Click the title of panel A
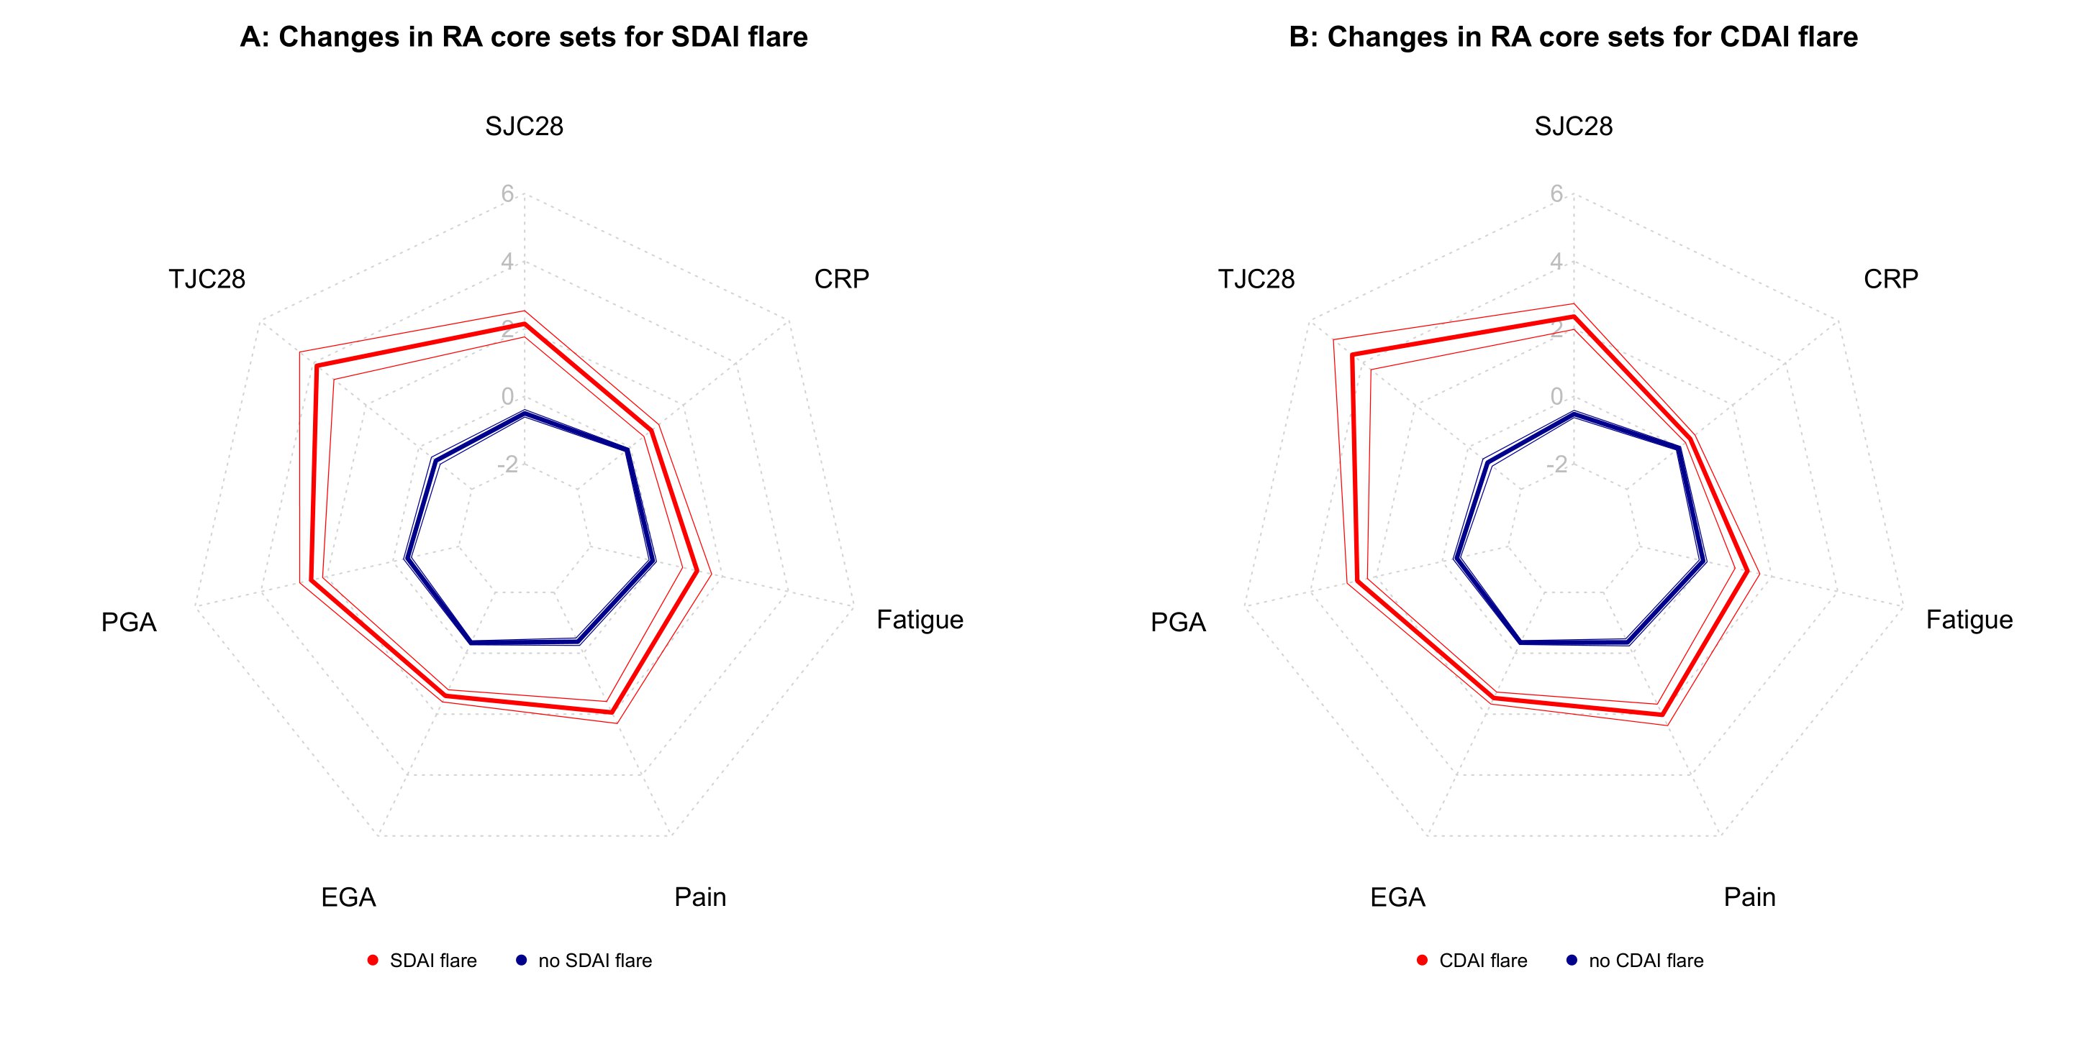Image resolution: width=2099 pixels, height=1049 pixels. point(523,37)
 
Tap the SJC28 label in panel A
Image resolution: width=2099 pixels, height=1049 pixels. point(524,127)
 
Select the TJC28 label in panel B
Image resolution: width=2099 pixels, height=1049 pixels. point(1256,280)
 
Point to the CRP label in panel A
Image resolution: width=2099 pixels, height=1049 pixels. point(841,280)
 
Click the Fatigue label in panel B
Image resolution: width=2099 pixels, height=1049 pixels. point(1969,620)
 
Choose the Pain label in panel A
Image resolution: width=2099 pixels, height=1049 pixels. point(700,897)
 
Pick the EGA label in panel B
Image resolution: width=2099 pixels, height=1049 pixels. point(1397,897)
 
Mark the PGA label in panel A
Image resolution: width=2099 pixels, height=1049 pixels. point(129,622)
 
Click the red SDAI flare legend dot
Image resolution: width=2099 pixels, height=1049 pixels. point(373,961)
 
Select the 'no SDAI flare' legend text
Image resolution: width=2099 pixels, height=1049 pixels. point(595,961)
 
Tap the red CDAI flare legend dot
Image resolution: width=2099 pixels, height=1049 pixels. point(1423,961)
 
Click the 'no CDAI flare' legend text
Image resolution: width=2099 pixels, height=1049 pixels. point(1645,961)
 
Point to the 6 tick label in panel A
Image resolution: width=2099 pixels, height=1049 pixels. point(507,194)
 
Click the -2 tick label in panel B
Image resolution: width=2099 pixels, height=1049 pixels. point(1556,464)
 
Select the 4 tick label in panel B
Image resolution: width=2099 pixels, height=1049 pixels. point(1557,262)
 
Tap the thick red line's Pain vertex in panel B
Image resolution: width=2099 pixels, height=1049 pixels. point(1662,714)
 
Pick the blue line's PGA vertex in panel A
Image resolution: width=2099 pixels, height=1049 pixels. point(407,559)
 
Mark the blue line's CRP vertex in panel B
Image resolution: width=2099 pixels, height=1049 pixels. point(1679,448)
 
